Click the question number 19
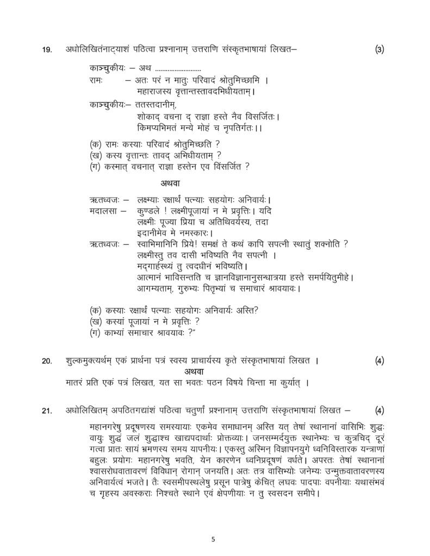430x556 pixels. tap(47, 50)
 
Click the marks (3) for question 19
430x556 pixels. tap(379, 50)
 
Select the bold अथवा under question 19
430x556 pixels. tap(171, 183)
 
